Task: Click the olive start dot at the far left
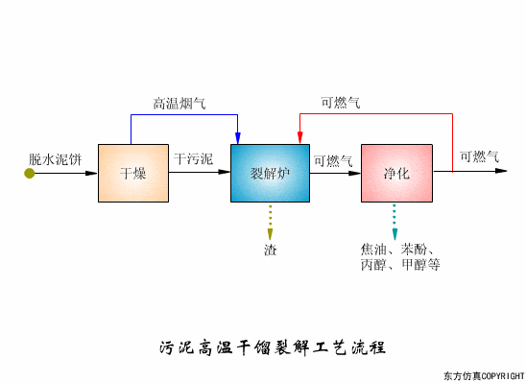tap(30, 173)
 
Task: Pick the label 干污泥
tap(194, 157)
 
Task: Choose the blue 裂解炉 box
tap(270, 173)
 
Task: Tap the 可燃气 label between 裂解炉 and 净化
tap(333, 160)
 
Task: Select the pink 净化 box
tap(396, 173)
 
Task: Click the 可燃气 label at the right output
tap(479, 156)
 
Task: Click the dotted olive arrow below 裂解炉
tap(271, 222)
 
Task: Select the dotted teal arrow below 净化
tap(394, 222)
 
